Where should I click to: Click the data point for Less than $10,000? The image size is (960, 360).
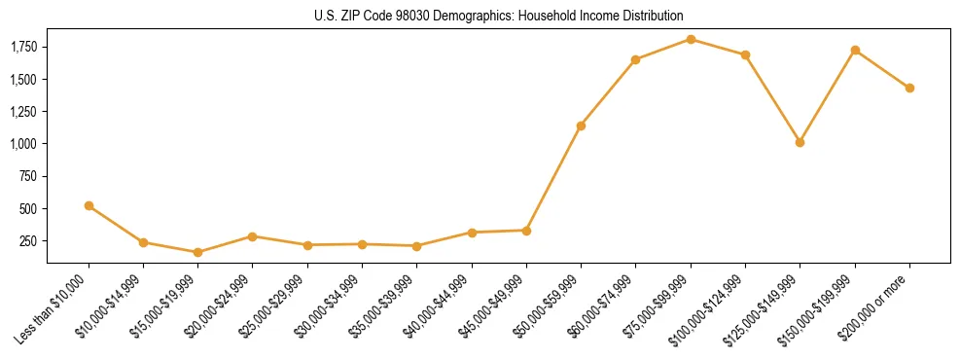tap(89, 205)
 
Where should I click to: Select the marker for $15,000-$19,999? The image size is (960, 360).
tap(197, 252)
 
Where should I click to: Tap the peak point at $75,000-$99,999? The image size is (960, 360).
tap(691, 39)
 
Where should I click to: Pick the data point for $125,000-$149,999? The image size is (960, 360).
tap(800, 142)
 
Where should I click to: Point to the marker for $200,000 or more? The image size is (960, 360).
tap(909, 88)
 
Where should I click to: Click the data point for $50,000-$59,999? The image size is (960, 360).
tap(581, 126)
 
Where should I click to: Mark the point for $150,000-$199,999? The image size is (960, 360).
tap(855, 50)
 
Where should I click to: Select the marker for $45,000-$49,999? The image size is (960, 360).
tap(526, 231)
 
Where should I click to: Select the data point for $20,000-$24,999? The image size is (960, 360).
tap(252, 236)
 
